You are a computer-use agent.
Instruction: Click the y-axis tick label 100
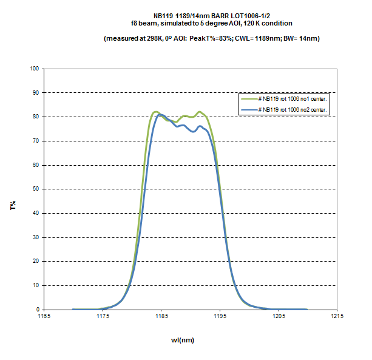point(33,69)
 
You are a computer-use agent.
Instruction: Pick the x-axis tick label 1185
point(161,316)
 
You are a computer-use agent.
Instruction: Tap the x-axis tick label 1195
point(220,316)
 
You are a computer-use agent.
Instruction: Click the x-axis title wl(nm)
point(182,340)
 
